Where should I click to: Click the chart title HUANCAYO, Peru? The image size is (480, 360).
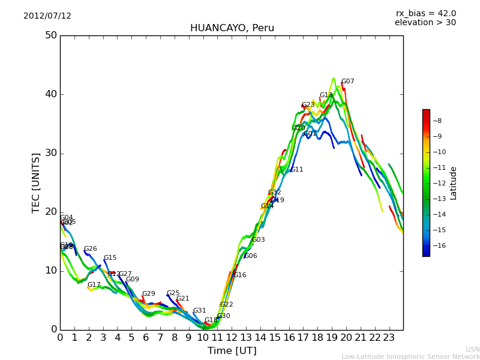[232, 28]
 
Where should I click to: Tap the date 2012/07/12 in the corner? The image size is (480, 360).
[47, 16]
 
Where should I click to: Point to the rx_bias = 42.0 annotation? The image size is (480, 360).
[425, 14]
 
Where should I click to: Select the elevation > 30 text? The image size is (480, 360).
[425, 23]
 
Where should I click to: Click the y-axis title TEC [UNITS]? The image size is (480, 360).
[36, 182]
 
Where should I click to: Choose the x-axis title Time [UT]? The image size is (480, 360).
[232, 351]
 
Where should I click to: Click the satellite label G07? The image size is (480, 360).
[347, 82]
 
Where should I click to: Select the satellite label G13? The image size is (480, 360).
[326, 95]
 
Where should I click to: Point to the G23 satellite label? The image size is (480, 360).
[308, 105]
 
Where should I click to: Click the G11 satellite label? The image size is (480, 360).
[296, 170]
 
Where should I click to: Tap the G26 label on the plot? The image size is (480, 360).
[90, 249]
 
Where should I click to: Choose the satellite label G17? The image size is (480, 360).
[94, 285]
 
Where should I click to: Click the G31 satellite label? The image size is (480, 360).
[199, 311]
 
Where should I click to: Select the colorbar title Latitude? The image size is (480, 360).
[454, 183]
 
